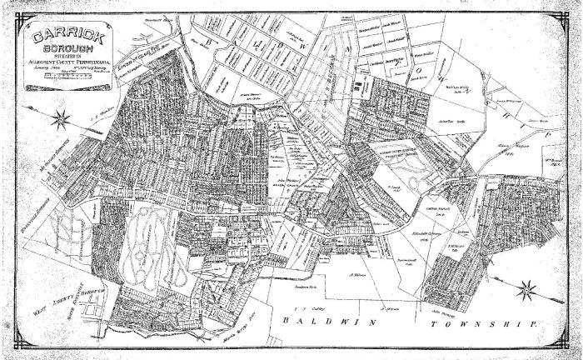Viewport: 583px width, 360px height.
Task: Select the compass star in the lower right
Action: [526, 291]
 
